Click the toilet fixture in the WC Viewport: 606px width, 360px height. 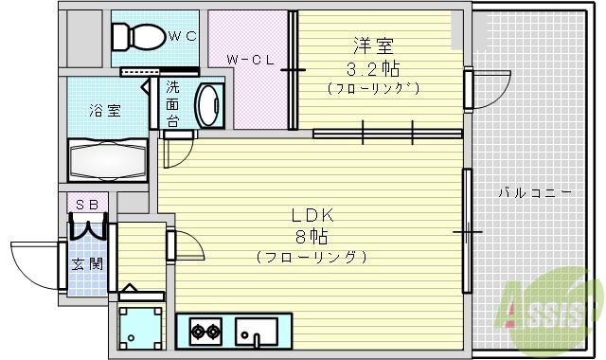pyautogui.click(x=134, y=37)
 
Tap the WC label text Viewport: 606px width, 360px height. pyautogui.click(x=182, y=37)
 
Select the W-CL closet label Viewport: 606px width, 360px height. pyautogui.click(x=250, y=60)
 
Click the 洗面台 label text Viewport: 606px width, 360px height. pyautogui.click(x=172, y=104)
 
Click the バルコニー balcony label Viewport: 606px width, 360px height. pyautogui.click(x=534, y=193)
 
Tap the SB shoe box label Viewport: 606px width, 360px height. pyautogui.click(x=87, y=203)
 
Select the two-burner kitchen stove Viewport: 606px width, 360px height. pyautogui.click(x=204, y=332)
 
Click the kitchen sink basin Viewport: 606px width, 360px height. pyautogui.click(x=255, y=332)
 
